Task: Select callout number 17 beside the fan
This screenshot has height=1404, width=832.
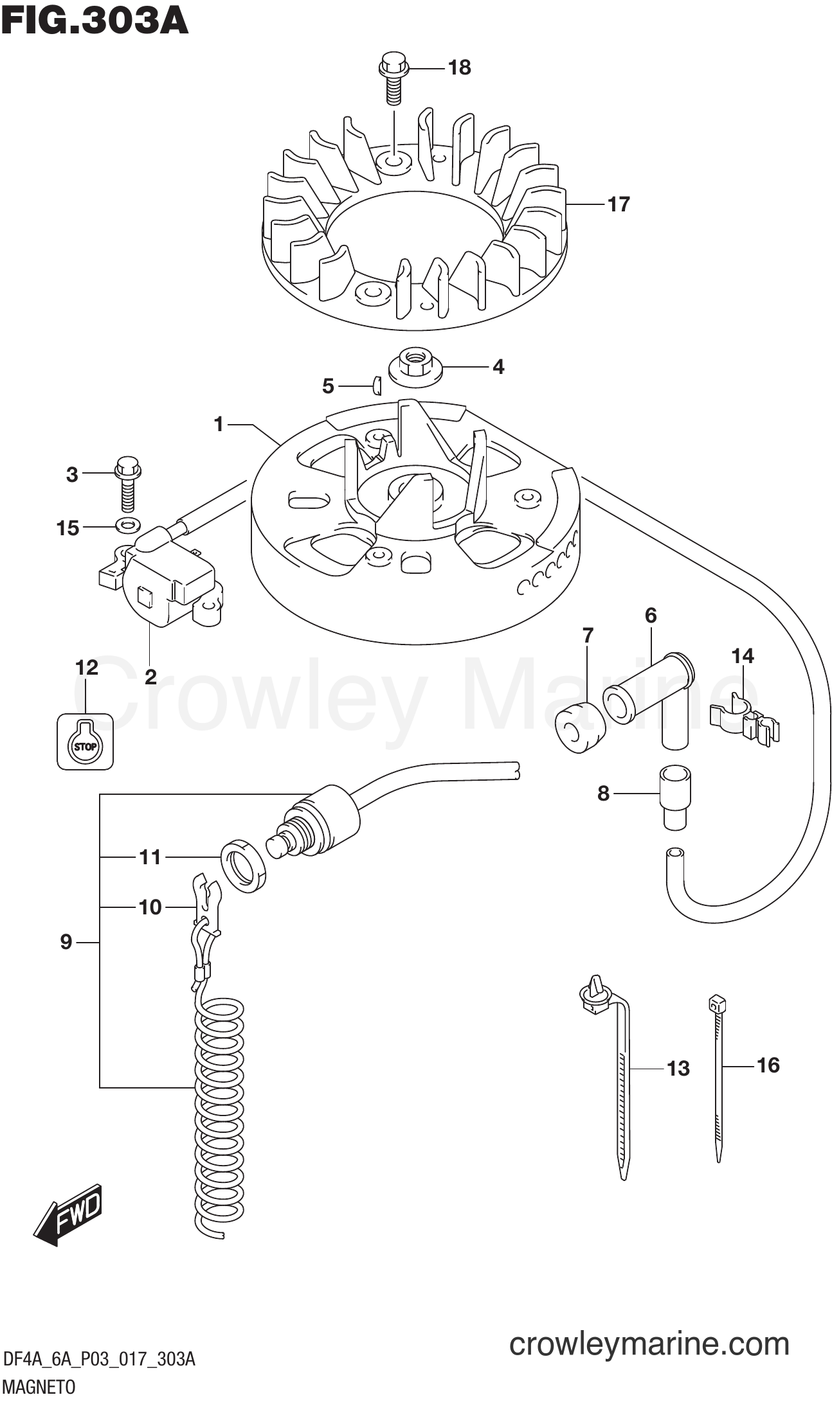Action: (619, 204)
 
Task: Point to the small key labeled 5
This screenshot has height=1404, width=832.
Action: (377, 386)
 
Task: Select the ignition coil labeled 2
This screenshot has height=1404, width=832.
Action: (168, 583)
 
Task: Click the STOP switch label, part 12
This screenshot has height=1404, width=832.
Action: (85, 742)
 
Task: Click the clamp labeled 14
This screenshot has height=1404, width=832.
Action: (745, 719)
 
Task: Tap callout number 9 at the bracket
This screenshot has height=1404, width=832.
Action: (66, 942)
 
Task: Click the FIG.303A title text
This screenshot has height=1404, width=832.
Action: (95, 21)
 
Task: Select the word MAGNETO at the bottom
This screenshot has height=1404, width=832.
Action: (39, 1387)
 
